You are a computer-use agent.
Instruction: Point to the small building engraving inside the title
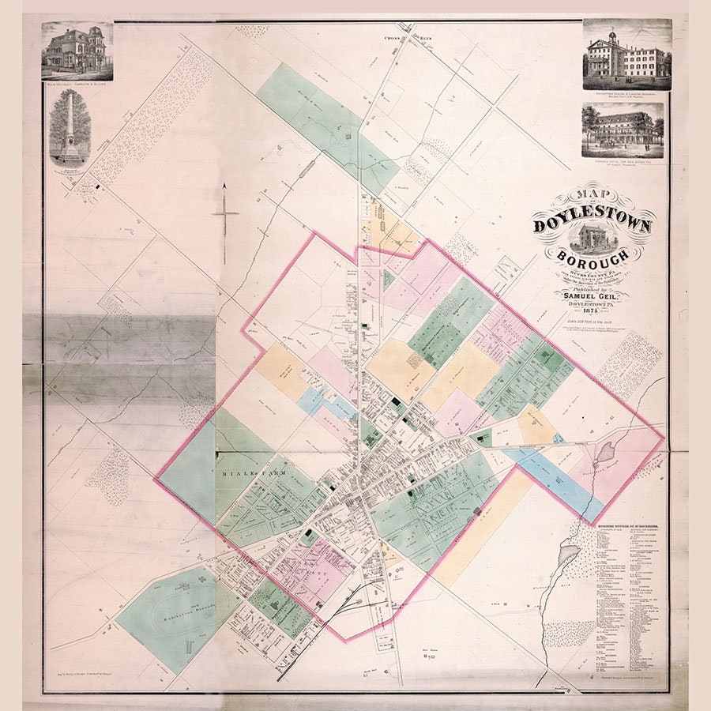tap(594, 239)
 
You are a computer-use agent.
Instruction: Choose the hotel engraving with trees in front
tap(623, 129)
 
